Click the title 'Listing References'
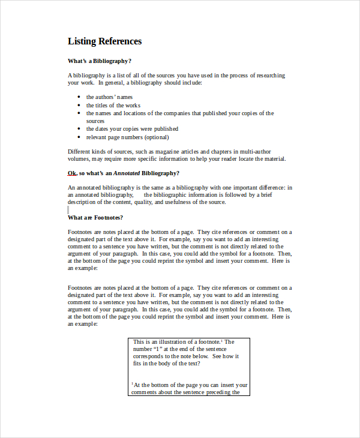104,41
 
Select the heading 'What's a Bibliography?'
99,61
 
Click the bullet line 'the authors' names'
109,97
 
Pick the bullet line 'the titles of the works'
113,106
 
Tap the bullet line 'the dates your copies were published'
132,128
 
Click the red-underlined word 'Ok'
72,173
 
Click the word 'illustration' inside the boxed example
177,342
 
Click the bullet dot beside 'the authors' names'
80,97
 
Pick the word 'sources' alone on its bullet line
95,121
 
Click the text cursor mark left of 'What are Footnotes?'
68,211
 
